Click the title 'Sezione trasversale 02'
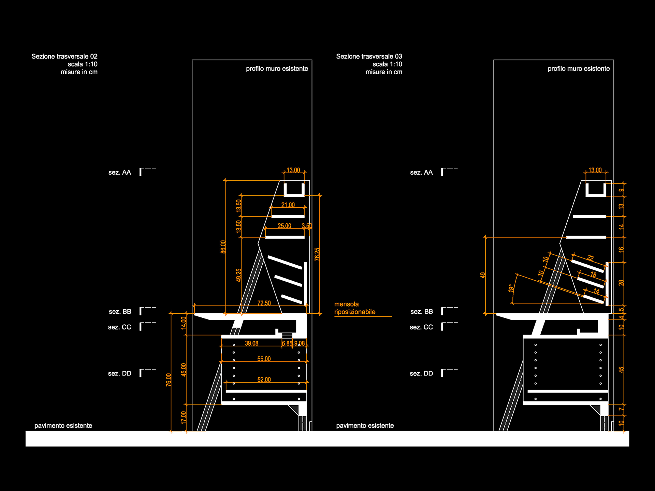pyautogui.click(x=64, y=56)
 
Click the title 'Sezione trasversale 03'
pyautogui.click(x=369, y=56)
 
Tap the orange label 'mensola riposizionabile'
pyautogui.click(x=354, y=308)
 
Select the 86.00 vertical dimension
pyautogui.click(x=223, y=247)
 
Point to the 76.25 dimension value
pyautogui.click(x=317, y=254)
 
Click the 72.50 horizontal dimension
pyautogui.click(x=264, y=303)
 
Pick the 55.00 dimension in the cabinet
pyautogui.click(x=264, y=359)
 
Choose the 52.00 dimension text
pyautogui.click(x=264, y=380)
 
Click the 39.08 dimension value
pyautogui.click(x=252, y=343)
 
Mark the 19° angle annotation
pyautogui.click(x=511, y=288)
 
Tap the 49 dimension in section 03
pyautogui.click(x=483, y=275)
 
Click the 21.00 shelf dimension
pyautogui.click(x=288, y=205)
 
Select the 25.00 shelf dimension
pyautogui.click(x=285, y=226)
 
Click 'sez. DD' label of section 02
pyautogui.click(x=120, y=373)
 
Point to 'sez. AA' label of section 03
pyautogui.click(x=421, y=173)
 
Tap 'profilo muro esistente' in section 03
pyautogui.click(x=579, y=69)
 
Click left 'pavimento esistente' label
pyautogui.click(x=63, y=426)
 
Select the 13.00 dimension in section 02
pyautogui.click(x=293, y=170)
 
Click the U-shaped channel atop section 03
pyautogui.click(x=596, y=191)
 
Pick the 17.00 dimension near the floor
pyautogui.click(x=184, y=418)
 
